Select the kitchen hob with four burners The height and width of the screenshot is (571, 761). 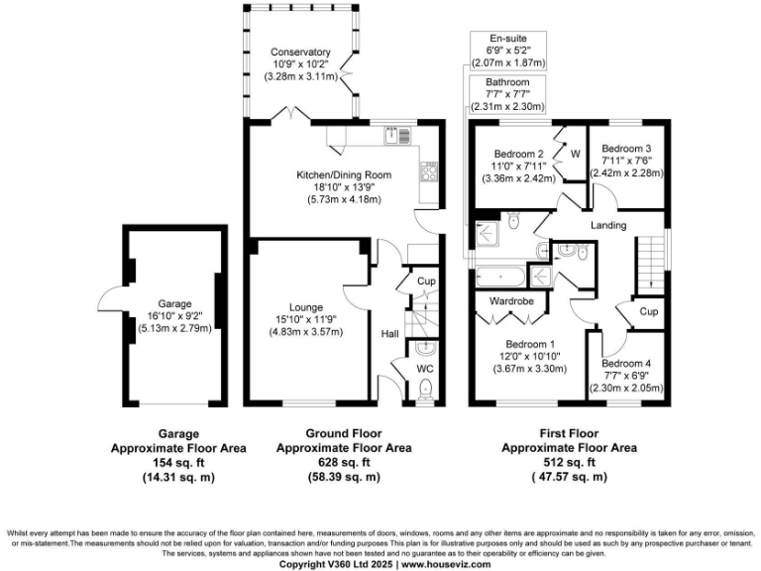coord(431,172)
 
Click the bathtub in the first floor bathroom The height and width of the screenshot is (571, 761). coord(504,277)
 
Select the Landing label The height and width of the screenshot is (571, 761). coord(608,226)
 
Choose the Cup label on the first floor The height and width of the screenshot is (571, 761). coord(649,311)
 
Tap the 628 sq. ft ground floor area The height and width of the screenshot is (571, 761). coord(342,462)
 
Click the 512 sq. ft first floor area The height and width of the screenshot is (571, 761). coord(568,462)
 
